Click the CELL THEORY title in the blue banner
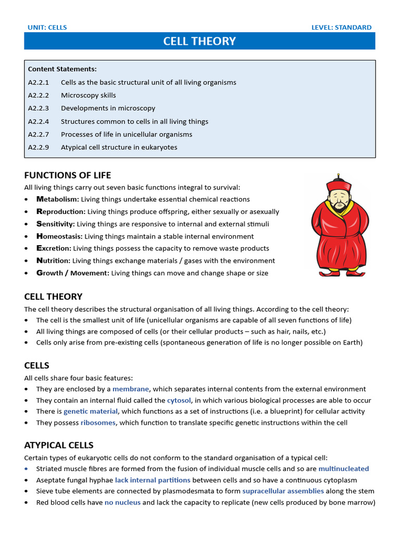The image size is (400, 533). (x=199, y=41)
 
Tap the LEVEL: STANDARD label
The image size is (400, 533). (x=341, y=28)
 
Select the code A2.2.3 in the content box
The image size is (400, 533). (x=39, y=108)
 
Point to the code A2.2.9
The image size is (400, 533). (x=39, y=147)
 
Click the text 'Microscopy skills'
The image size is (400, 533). (x=89, y=95)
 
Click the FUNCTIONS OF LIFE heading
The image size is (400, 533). (x=68, y=175)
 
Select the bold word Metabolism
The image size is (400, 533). (x=57, y=199)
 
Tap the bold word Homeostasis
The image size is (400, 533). (x=59, y=236)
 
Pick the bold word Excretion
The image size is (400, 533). (x=54, y=248)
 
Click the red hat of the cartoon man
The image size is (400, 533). (x=339, y=185)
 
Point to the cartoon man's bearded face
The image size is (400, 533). (x=339, y=200)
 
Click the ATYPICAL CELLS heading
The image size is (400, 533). (x=59, y=445)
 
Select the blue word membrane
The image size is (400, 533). (x=131, y=389)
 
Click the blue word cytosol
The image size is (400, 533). (x=179, y=400)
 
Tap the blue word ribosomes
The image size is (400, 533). (x=98, y=423)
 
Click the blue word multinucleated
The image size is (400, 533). (x=343, y=468)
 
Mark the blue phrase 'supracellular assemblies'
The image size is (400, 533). (x=283, y=491)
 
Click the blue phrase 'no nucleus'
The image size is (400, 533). (x=122, y=502)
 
